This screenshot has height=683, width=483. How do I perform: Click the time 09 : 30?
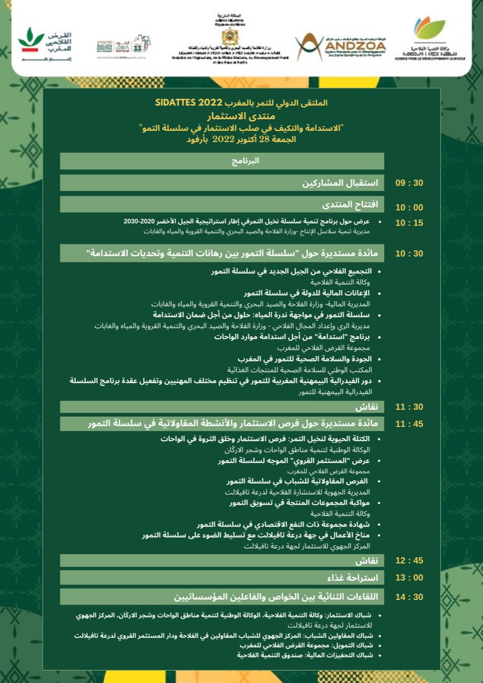coord(409,183)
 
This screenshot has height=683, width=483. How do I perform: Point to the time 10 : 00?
coord(409,208)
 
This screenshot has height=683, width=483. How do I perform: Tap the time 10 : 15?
coord(409,223)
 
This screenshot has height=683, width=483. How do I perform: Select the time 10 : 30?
coord(409,253)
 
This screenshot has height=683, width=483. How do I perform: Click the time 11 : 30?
coord(409,407)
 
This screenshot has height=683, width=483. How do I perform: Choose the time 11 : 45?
coord(409,424)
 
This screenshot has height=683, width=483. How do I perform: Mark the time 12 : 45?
coord(409,561)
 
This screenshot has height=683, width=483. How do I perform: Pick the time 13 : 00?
coord(409,578)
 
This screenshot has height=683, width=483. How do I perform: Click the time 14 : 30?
coord(409,597)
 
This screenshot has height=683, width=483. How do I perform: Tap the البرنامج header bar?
coord(222,161)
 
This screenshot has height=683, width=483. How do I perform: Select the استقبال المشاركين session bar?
coord(222,183)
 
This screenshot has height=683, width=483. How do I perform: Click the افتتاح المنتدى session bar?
coord(222,204)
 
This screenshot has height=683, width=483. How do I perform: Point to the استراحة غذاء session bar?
coord(222,578)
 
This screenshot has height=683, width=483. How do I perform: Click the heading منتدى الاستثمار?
coord(241,115)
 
